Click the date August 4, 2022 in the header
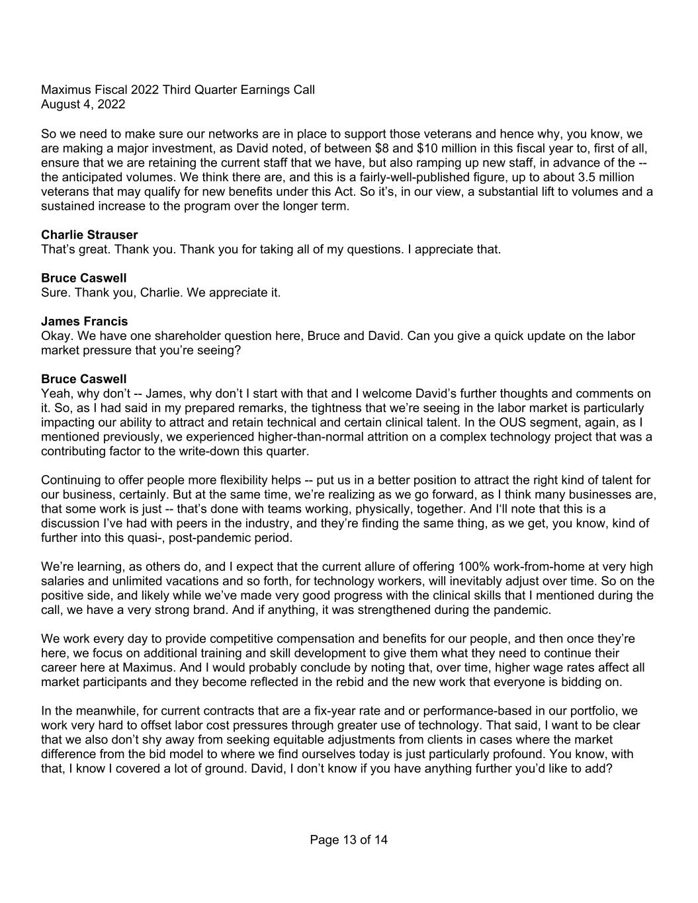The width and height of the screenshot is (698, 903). pyautogui.click(x=83, y=104)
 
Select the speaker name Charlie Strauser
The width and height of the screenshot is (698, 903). pyautogui.click(x=89, y=235)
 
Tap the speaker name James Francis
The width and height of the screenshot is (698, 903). pyautogui.click(x=84, y=322)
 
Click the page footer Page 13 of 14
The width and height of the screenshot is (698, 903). pyautogui.click(x=349, y=840)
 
